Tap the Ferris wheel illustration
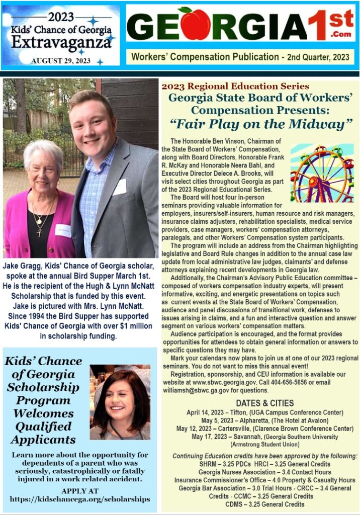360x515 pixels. pos(322,174)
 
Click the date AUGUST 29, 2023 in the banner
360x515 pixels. pos(60,61)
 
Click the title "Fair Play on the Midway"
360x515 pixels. pos(259,123)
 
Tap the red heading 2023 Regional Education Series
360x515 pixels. pos(235,87)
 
